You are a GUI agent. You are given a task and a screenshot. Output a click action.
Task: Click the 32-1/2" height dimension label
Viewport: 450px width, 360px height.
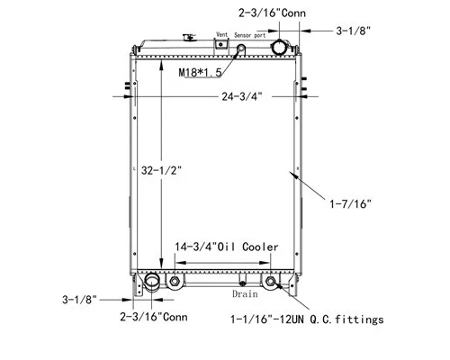coord(161,170)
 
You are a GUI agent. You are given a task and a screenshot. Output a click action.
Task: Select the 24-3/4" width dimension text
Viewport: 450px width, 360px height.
coord(242,96)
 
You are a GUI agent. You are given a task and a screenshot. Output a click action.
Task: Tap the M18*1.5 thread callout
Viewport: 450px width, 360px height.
coord(200,72)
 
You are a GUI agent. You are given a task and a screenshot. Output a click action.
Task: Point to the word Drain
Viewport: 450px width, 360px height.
coord(245,293)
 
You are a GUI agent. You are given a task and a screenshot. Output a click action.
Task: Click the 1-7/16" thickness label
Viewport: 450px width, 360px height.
coord(350,204)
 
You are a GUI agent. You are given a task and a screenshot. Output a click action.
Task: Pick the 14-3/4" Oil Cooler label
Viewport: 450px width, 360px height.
coord(227,247)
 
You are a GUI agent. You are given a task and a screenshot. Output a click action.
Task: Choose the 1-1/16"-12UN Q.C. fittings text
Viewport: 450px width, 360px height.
coord(307,319)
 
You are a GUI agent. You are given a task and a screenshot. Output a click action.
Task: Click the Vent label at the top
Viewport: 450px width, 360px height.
coord(222,34)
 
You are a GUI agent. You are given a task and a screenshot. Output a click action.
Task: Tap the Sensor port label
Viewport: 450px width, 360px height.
coord(250,35)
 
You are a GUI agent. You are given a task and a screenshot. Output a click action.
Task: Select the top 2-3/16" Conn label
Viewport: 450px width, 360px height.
coord(272,13)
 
